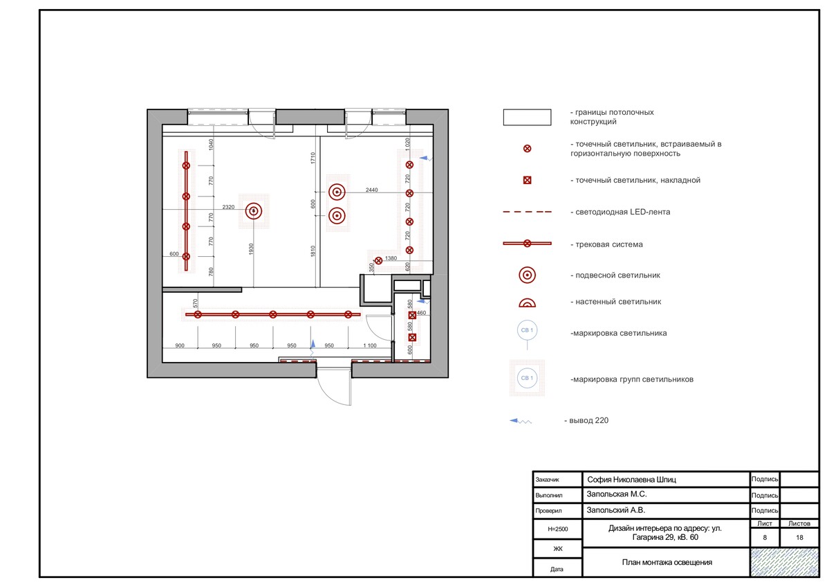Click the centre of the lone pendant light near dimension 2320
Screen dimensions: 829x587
pos(254,211)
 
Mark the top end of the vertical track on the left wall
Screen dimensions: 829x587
pos(186,152)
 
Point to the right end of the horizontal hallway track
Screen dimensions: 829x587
pos(360,314)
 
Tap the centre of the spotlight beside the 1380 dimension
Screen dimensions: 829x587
pos(379,260)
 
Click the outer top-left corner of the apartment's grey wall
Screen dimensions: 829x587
pos(147,109)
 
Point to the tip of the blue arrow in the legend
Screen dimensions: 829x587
pos(510,421)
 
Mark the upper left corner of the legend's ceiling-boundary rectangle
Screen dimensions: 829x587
pos(503,109)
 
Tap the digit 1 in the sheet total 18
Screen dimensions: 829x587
pos(797,537)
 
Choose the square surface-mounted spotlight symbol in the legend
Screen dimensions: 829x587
pos(527,181)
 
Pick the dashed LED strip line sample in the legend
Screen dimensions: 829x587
pos(527,212)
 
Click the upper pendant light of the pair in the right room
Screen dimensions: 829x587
pos(337,192)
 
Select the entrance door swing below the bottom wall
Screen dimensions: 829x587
pos(334,386)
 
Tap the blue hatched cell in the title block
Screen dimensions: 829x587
pos(784,562)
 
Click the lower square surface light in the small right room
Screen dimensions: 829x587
pos(412,337)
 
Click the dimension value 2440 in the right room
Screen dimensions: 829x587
pos(372,190)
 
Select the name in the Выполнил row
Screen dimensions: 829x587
pos(617,494)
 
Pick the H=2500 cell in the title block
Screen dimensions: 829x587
pos(557,529)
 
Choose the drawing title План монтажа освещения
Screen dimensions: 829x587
pos(667,562)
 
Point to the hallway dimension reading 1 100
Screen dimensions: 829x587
pos(370,345)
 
